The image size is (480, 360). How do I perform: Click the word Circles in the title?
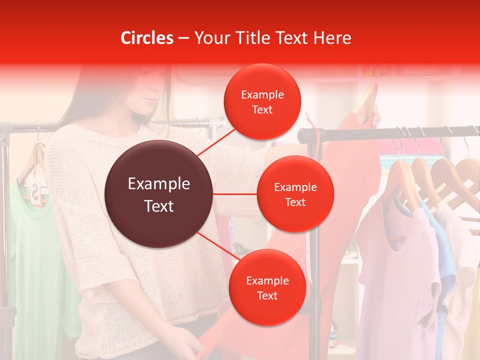147,38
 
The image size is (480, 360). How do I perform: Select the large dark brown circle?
159,194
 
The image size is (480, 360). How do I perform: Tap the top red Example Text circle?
262,102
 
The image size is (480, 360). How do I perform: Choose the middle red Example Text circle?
295,194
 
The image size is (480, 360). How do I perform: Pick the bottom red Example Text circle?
267,288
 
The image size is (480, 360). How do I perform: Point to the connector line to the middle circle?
235,194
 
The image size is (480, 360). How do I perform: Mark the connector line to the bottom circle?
218,246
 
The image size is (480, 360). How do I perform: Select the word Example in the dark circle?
159,184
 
